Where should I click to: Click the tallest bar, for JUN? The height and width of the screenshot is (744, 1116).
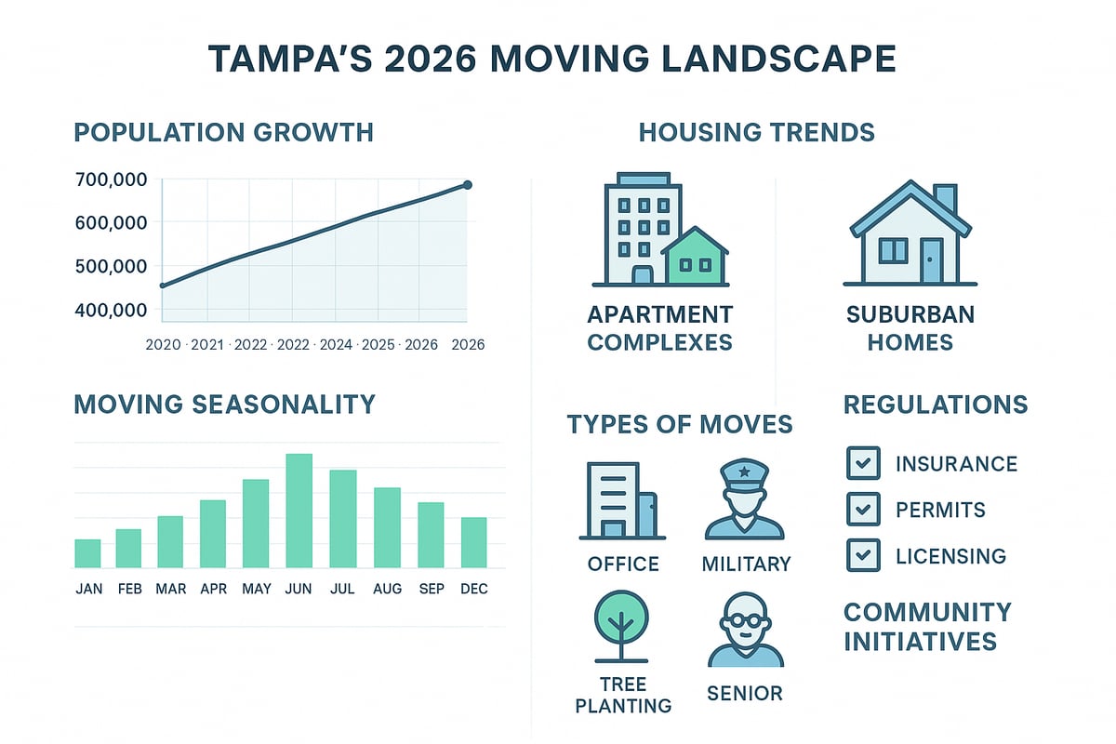pyautogui.click(x=299, y=511)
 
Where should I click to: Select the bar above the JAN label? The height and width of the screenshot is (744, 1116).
pyautogui.click(x=87, y=553)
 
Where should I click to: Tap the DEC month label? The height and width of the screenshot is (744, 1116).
pyautogui.click(x=473, y=589)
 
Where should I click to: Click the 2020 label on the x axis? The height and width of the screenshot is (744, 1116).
pyautogui.click(x=164, y=344)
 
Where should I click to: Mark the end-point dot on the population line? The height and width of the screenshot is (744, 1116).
pyautogui.click(x=467, y=185)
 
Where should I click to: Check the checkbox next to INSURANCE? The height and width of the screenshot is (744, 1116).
pyautogui.click(x=863, y=462)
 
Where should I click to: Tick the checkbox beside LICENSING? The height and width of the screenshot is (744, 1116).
pyautogui.click(x=863, y=555)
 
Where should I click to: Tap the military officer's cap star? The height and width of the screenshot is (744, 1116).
pyautogui.click(x=744, y=474)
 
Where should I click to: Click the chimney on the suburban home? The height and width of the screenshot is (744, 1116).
pyautogui.click(x=944, y=198)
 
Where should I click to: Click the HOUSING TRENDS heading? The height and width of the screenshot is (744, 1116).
pyautogui.click(x=756, y=133)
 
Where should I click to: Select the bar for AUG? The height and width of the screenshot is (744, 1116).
pyautogui.click(x=387, y=527)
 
